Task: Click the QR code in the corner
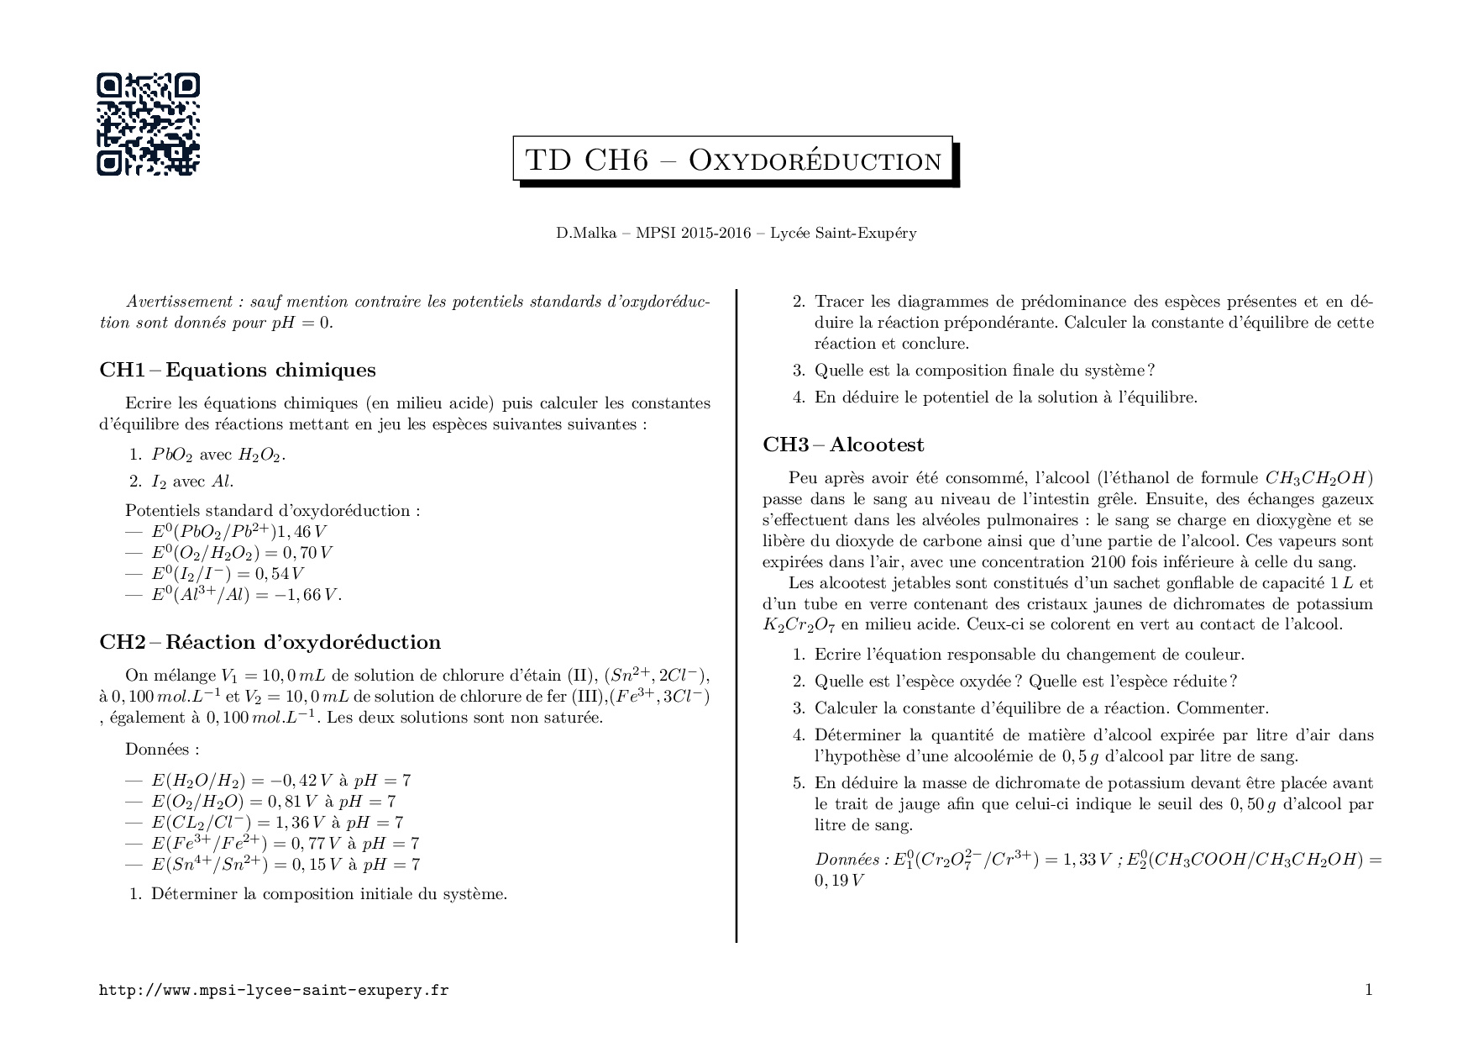[x=148, y=124]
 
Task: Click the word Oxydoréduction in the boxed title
[x=815, y=161]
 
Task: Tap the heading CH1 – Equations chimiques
[x=238, y=371]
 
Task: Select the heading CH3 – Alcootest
[x=843, y=445]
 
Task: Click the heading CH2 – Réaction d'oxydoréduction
[x=270, y=643]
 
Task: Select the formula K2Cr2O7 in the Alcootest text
[x=799, y=625]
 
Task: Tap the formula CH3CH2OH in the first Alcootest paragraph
[x=1318, y=479]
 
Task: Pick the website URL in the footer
[x=274, y=991]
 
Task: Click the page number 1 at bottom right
[x=1368, y=990]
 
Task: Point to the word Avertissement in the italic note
[x=178, y=302]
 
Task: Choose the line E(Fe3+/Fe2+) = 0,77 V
[x=285, y=844]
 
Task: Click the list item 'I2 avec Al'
[x=191, y=482]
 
